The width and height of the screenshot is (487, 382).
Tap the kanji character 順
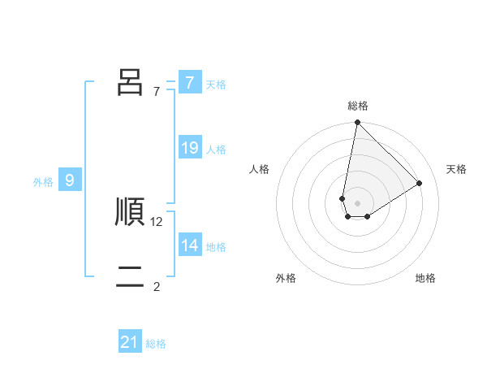pos(130,212)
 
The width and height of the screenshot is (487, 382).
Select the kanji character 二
pos(130,277)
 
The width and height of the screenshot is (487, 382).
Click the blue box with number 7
pos(189,83)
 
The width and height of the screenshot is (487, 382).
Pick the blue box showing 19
pos(189,148)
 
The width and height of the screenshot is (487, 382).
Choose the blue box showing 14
pos(189,245)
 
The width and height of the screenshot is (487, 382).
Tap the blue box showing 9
pos(70,180)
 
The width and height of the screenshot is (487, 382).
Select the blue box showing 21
pos(130,343)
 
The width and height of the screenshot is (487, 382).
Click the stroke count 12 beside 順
pos(157,221)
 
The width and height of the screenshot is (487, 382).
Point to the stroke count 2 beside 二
pos(157,286)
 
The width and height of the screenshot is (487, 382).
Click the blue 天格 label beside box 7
pos(216,84)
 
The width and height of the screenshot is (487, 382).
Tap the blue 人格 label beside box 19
pos(216,149)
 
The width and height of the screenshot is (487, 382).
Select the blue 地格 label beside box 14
pos(216,246)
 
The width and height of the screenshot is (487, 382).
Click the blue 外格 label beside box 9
pos(43,182)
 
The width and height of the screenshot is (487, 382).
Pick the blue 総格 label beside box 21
pos(156,344)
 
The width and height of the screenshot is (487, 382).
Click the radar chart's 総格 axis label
pos(358,106)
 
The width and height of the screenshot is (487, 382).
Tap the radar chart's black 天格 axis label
pos(456,169)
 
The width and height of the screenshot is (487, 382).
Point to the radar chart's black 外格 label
pos(286,278)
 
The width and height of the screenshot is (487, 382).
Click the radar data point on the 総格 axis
pos(357,123)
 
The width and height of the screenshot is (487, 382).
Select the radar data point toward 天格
pos(420,183)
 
